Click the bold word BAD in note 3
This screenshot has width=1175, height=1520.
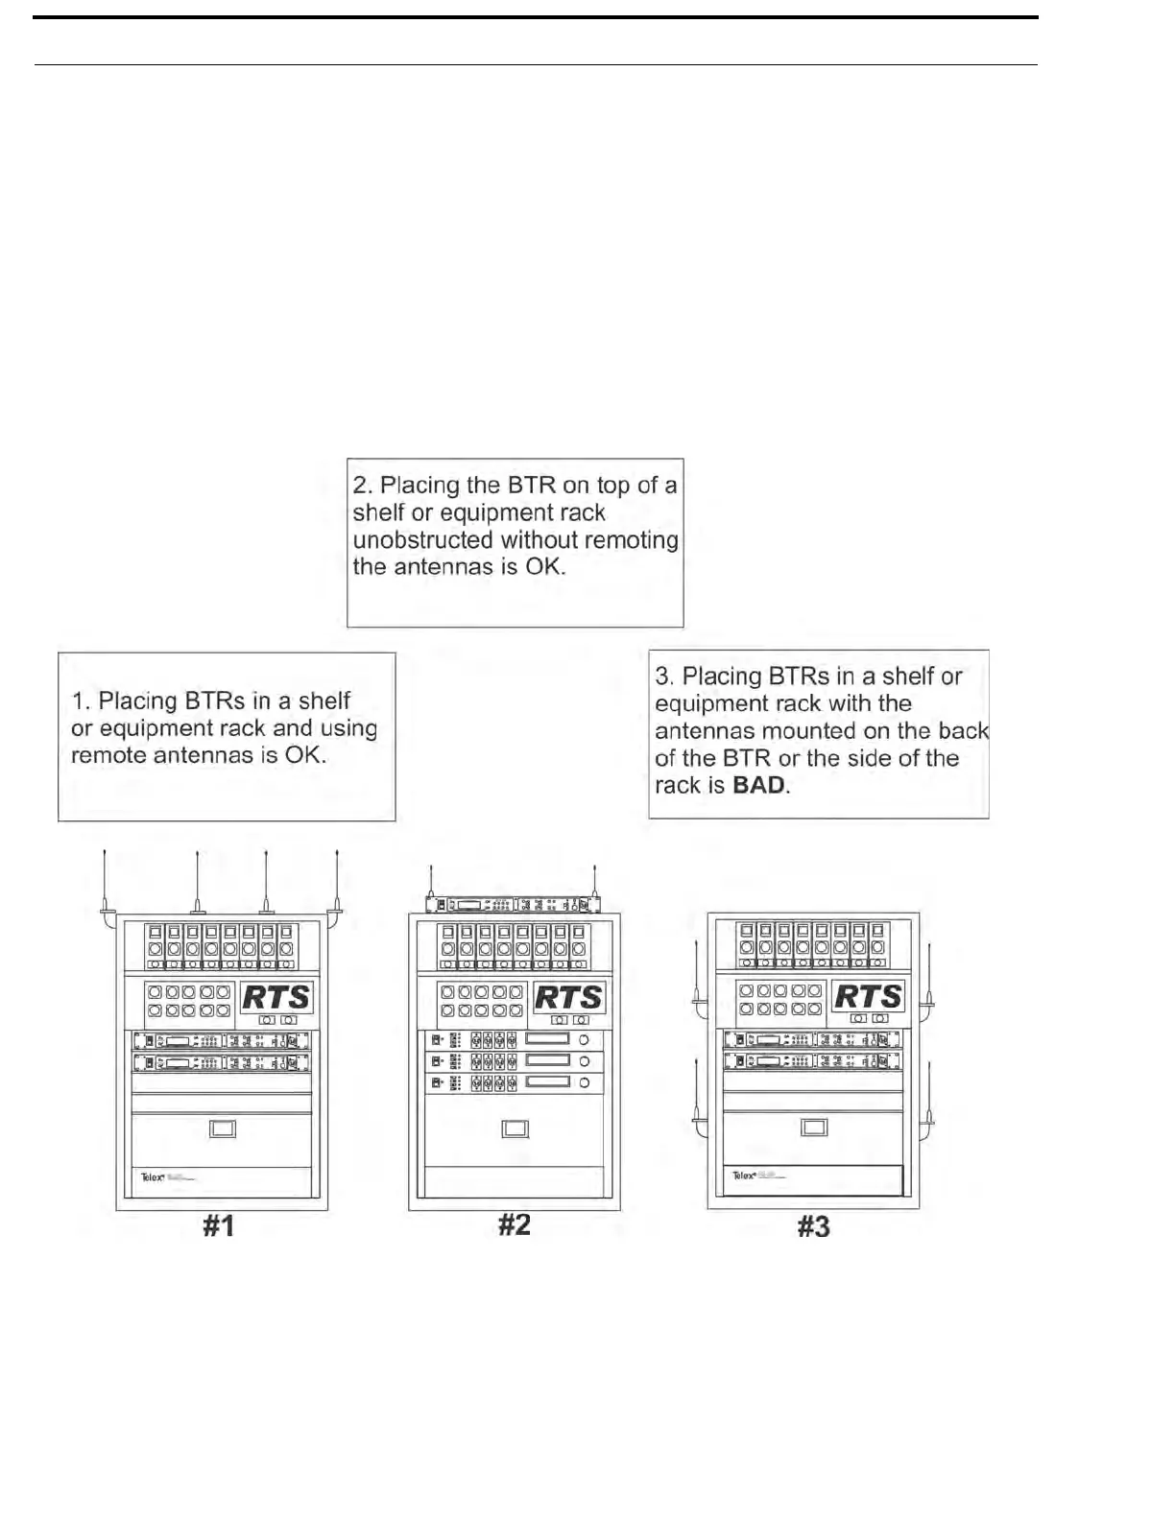click(758, 786)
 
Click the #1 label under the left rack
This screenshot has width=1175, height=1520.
click(219, 1226)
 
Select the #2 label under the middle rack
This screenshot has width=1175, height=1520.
click(515, 1225)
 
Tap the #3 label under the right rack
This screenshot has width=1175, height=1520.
click(814, 1226)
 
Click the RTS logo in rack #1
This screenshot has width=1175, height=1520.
click(276, 997)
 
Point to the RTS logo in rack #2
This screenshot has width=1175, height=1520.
click(569, 997)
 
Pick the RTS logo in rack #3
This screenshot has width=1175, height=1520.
click(868, 996)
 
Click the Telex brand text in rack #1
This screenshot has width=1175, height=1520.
click(153, 1176)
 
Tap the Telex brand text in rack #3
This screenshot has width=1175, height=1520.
click(743, 1175)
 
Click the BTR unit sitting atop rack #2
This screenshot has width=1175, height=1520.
click(515, 905)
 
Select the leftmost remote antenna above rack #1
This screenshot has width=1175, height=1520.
click(106, 883)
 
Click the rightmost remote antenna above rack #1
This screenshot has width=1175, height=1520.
click(337, 883)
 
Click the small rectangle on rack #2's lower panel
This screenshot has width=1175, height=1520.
click(516, 1129)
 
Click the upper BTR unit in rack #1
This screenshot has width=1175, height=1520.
click(222, 1041)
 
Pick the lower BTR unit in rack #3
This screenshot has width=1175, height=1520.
click(813, 1060)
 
